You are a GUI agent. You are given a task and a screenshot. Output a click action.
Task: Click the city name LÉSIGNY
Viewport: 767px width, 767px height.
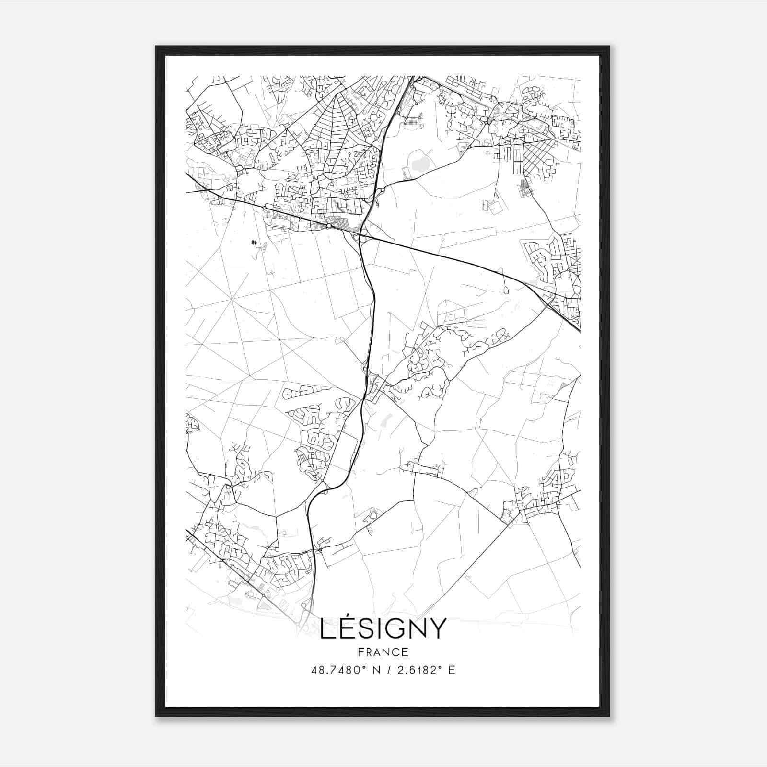[x=383, y=628]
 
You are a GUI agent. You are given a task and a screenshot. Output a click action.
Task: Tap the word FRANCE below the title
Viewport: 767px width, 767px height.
[x=383, y=652]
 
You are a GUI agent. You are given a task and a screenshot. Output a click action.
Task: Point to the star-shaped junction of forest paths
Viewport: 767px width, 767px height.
[x=232, y=299]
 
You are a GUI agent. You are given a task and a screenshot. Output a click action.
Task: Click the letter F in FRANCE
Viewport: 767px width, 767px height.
[x=360, y=652]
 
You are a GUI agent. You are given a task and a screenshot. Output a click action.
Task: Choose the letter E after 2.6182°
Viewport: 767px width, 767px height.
[x=451, y=670]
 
